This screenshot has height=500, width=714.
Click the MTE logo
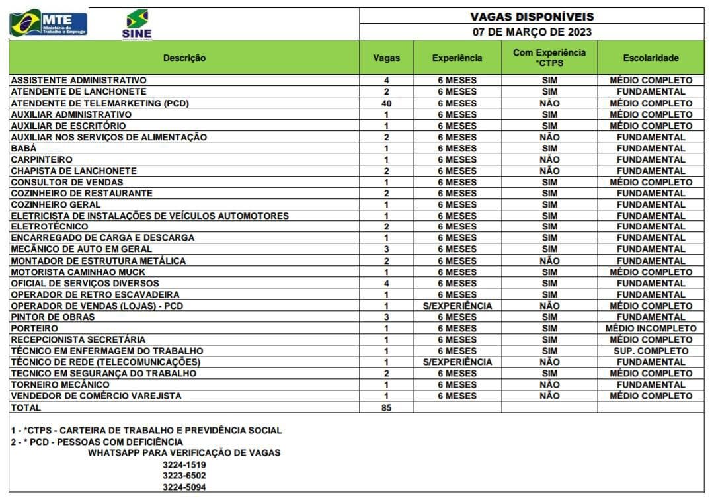[x=48, y=23]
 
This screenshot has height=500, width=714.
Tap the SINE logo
[x=137, y=24]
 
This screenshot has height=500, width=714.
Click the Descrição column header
[x=184, y=58]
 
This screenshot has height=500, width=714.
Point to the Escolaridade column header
[x=651, y=58]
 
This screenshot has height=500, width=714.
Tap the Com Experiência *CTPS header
[x=549, y=58]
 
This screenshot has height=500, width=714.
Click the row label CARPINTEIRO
[x=42, y=159]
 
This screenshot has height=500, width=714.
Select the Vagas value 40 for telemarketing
[x=386, y=103]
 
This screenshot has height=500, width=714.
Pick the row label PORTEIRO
[x=34, y=328]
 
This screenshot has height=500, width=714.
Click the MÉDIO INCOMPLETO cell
[x=651, y=328]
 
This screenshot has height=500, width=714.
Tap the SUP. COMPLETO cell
[x=651, y=351]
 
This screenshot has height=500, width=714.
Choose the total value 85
[x=386, y=407]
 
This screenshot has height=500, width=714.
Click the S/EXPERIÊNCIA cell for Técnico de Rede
[x=457, y=362]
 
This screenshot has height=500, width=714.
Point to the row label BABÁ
[x=24, y=148]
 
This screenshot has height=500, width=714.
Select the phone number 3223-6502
[x=184, y=476]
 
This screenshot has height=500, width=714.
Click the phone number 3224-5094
[x=184, y=487]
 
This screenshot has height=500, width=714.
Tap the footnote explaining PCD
[x=97, y=442]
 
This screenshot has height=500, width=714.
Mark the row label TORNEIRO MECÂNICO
[x=60, y=384]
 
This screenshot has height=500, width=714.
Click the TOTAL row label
[x=26, y=407]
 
